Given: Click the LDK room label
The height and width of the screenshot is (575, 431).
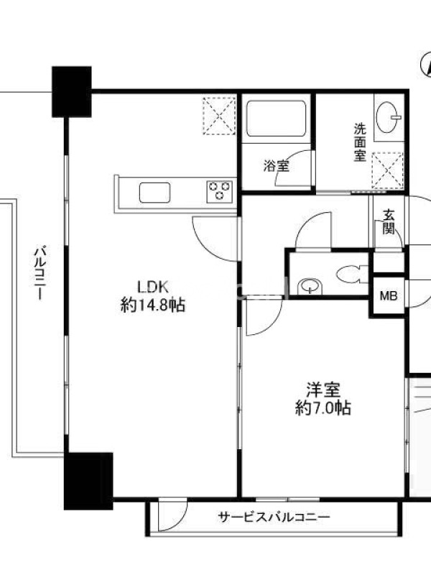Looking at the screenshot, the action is coord(152,287).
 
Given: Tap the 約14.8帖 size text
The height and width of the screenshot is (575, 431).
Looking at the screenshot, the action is coord(152,305).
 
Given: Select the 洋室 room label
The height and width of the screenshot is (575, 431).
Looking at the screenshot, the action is coord(323,390).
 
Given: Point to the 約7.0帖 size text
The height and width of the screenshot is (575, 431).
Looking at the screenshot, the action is coord(323,408).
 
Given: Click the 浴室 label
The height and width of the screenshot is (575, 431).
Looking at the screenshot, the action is coord(277,166).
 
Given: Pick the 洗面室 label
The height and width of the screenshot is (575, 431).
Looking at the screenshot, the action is coord(360,142).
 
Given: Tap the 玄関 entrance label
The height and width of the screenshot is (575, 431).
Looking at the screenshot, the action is coord(389,222).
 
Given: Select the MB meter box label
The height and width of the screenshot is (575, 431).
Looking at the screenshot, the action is coord(389,295).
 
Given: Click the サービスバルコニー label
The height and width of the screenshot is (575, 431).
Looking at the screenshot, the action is coord(274,517).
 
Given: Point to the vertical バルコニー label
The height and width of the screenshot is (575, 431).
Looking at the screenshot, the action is coord(40,273).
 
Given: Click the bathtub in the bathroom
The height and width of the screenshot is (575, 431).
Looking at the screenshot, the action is coord(277,119).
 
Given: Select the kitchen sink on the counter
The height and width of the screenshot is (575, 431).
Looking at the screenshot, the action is coord(154,193).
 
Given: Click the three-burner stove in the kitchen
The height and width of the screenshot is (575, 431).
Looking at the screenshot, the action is coord(220,191).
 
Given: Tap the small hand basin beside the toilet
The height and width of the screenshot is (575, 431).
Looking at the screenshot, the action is coord(310,286).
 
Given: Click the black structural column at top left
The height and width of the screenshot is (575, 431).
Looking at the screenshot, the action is coord(71,92).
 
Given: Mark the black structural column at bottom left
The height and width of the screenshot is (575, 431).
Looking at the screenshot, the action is coord(88,481).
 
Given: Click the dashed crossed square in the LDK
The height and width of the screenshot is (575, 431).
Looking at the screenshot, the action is coord(220,116).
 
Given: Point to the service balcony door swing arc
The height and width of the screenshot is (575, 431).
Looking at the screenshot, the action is coord(180,520).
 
